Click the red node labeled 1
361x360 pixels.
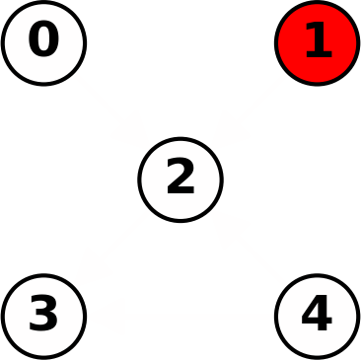[x=317, y=42]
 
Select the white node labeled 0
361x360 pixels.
[x=43, y=42]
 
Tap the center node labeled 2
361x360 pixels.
[x=180, y=180]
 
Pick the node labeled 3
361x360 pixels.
[x=43, y=316]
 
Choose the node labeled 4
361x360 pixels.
[x=317, y=316]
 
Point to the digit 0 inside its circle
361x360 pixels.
[x=43, y=41]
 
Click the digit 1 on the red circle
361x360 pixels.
[x=317, y=41]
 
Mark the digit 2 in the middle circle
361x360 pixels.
[x=180, y=179]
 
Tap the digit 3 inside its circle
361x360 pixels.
[x=43, y=316]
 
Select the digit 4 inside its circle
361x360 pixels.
[x=317, y=316]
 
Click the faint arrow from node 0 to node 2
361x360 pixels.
[x=111, y=110]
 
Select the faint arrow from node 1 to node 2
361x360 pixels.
[x=249, y=110]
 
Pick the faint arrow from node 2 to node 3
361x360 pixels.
[x=111, y=248]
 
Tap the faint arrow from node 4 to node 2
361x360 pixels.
[x=249, y=248]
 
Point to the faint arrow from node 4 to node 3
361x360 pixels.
[x=180, y=316]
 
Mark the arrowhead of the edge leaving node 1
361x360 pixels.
[x=228, y=131]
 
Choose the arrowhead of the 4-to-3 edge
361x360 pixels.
[x=110, y=316]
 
